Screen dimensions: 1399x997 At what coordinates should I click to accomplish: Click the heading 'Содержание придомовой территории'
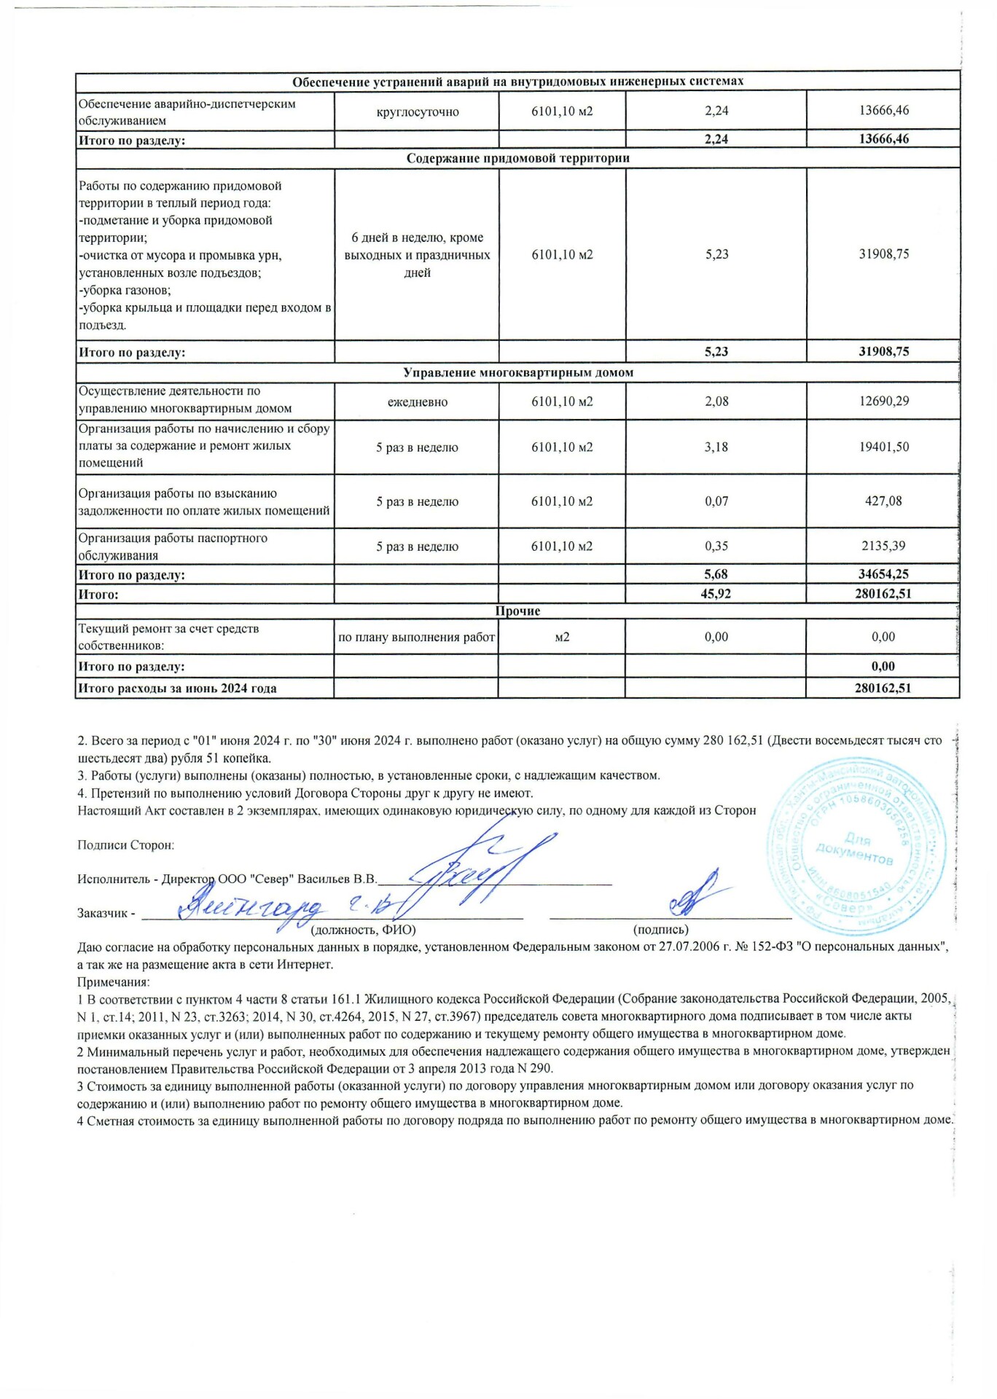point(517,158)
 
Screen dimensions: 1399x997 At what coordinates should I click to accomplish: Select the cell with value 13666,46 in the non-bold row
point(883,111)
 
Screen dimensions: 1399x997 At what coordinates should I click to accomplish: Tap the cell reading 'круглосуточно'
point(417,111)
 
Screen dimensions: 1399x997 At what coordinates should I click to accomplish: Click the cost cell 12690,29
point(883,401)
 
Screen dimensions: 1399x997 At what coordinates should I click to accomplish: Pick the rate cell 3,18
point(716,447)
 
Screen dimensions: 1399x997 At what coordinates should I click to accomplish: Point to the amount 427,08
point(883,501)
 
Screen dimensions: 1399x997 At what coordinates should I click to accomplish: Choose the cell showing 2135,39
point(883,546)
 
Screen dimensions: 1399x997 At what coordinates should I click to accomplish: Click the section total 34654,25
point(883,574)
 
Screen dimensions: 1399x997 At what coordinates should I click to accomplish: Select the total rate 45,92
point(716,594)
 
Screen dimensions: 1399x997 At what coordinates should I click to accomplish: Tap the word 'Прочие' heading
point(517,611)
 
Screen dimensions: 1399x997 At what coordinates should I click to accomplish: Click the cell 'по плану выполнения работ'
point(417,638)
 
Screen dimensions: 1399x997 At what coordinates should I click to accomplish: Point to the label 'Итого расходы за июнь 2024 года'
point(178,688)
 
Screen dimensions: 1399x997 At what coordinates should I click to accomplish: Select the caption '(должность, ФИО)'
point(363,930)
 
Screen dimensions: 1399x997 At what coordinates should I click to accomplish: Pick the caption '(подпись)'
point(660,930)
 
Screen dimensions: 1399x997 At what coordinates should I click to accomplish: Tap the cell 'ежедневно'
point(417,402)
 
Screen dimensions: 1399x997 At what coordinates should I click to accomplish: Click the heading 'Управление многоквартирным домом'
point(517,373)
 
